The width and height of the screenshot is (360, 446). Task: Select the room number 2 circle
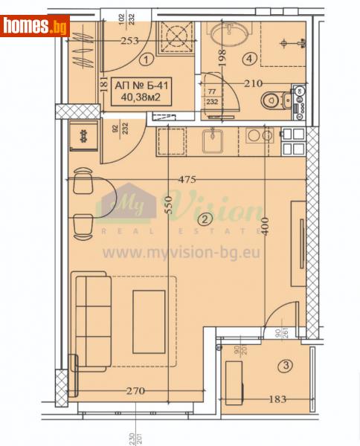tap(202, 219)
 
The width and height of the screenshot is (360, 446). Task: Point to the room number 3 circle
tap(285, 365)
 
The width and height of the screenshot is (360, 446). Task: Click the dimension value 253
tap(130, 42)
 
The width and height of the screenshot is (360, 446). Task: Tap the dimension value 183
tap(277, 400)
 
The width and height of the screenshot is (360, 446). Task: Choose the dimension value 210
tap(254, 83)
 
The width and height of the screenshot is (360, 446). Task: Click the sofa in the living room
tap(91, 320)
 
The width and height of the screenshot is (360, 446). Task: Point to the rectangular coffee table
tap(150, 320)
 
